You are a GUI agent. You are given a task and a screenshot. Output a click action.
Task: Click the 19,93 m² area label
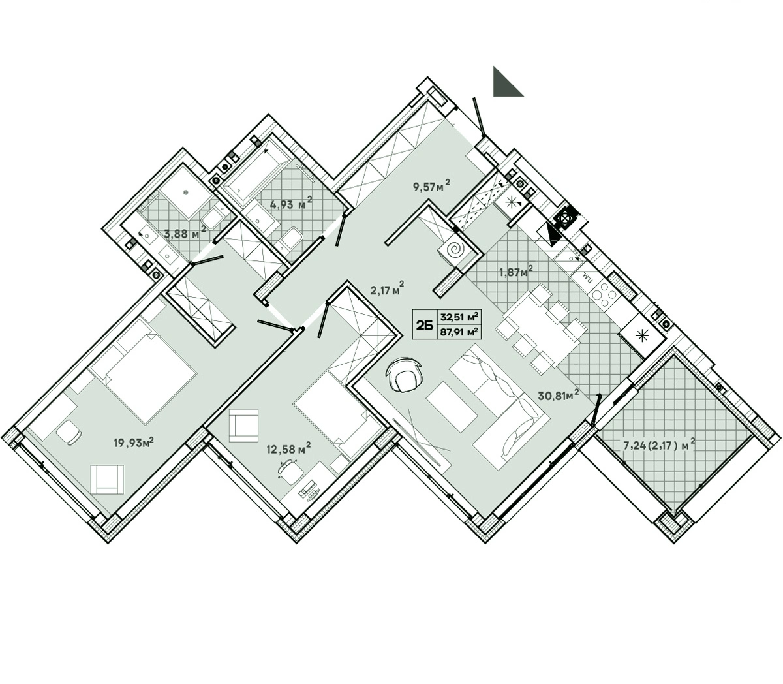tap(134, 443)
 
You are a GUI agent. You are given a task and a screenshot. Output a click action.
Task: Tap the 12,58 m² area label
tap(288, 448)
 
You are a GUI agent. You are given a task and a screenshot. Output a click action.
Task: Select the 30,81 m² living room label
tap(558, 395)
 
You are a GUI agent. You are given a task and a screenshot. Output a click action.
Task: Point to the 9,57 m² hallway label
tap(431, 187)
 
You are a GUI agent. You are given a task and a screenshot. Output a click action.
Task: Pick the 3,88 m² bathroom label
tap(185, 232)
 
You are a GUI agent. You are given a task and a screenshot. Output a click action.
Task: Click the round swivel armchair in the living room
tap(405, 375)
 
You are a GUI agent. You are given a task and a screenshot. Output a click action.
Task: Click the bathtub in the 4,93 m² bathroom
tap(257, 172)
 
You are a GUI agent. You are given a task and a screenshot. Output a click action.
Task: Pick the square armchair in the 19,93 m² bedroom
tap(108, 480)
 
